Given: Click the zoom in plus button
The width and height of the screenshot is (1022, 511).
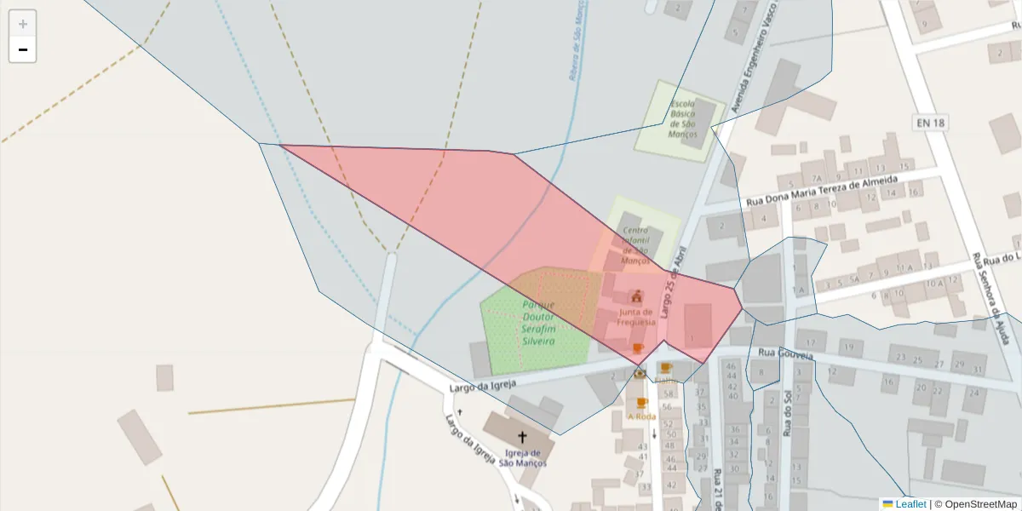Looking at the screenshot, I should tap(23, 24).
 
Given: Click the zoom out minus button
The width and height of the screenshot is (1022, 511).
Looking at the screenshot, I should tap(23, 49).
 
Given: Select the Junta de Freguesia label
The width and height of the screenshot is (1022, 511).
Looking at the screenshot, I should tap(637, 317).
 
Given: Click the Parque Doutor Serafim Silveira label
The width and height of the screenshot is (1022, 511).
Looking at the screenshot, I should tap(537, 323).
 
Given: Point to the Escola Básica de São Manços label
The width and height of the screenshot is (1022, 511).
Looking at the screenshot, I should tap(683, 118).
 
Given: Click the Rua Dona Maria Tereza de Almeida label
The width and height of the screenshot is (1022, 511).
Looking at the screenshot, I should tap(822, 191).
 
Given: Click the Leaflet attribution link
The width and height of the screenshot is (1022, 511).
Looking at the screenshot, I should tap(910, 504).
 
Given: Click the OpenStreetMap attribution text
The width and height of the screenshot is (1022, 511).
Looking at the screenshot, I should tap(975, 504).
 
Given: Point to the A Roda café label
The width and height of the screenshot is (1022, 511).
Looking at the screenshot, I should tap(641, 416).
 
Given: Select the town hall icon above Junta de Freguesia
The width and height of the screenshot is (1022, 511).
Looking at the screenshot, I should tap(637, 297).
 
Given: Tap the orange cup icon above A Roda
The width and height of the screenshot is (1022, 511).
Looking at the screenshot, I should tap(641, 403).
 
